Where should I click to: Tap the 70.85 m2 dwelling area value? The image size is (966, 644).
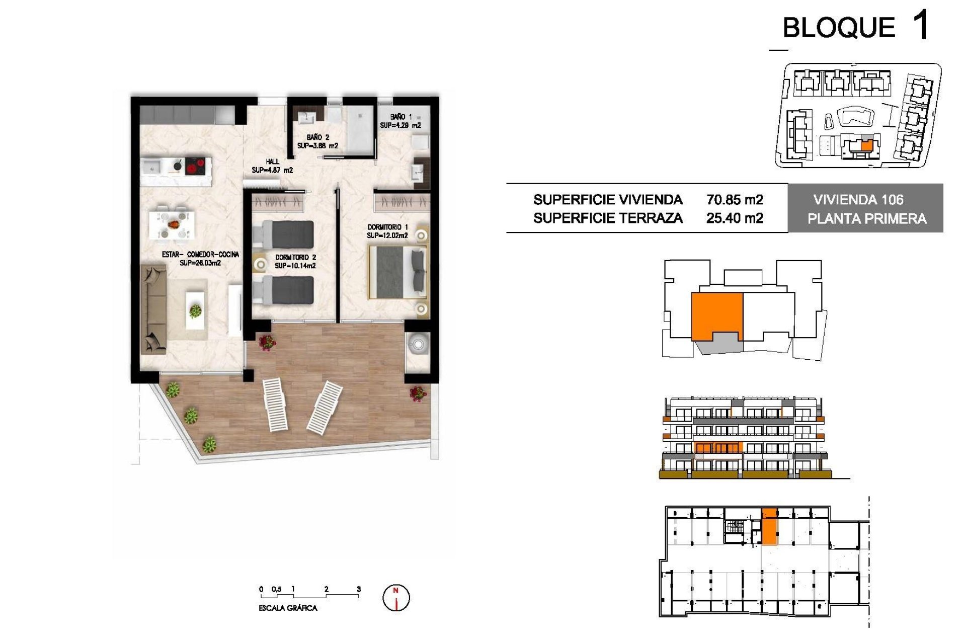tap(735, 200)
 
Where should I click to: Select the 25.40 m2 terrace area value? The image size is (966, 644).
tap(735, 218)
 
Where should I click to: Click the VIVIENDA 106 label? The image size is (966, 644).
tap(858, 200)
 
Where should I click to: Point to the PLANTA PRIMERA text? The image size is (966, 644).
tap(866, 219)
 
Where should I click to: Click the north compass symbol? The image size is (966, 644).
tap(396, 598)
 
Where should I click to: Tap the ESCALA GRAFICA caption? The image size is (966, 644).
tap(288, 608)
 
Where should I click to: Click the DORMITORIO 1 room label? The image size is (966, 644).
tap(387, 227)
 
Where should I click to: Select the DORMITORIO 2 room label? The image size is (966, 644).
tap(295, 258)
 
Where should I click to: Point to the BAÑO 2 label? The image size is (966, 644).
tap(317, 137)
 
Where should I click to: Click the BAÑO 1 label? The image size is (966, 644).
tap(400, 117)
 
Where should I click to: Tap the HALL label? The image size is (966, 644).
tap(272, 162)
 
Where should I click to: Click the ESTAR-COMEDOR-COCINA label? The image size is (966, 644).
tap(200, 255)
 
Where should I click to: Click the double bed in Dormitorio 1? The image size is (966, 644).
tap(397, 272)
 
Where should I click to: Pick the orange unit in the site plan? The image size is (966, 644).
tap(866, 146)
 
